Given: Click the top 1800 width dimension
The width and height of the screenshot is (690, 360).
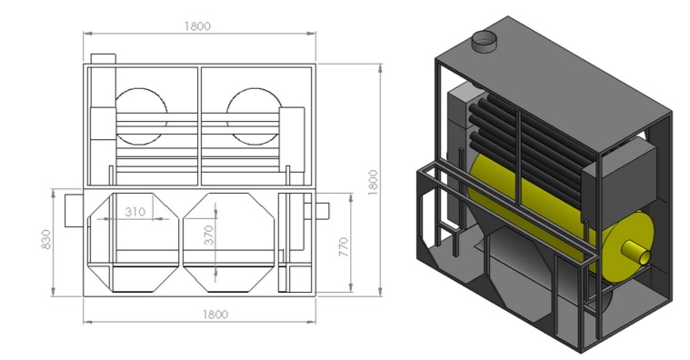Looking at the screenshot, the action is click(x=197, y=26).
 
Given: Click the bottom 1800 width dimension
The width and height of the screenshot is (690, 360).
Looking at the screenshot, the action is click(x=215, y=315).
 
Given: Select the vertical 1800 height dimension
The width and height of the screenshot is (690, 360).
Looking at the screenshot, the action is click(x=373, y=182).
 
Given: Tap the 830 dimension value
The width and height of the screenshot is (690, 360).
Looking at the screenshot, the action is click(x=46, y=239).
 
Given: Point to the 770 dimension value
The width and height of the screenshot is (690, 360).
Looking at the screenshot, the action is click(x=344, y=247).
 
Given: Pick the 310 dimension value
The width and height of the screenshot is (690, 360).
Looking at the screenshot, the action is click(x=135, y=212).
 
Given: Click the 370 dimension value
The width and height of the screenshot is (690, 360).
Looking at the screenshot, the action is click(x=209, y=235).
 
